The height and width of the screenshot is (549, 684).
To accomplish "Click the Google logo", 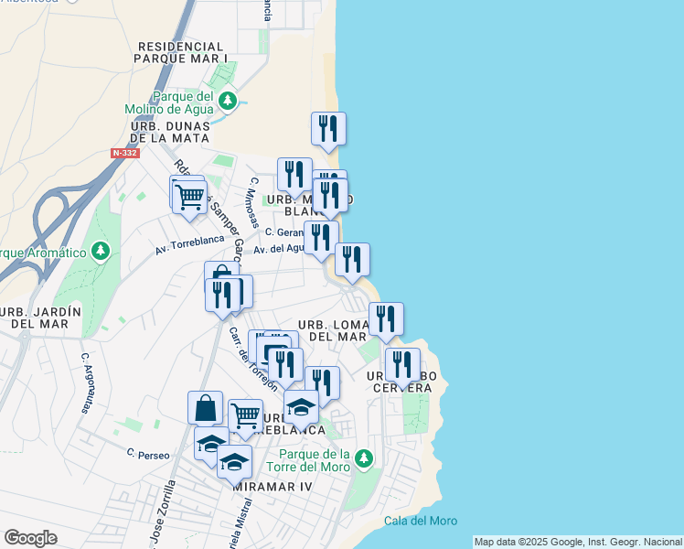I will (30, 538).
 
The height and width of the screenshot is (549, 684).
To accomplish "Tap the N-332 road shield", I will (125, 153).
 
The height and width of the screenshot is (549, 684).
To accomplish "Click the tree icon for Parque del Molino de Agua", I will (228, 101).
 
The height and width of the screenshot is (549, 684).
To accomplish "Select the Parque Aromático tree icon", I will (101, 250).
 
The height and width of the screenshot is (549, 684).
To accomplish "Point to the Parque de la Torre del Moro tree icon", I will (364, 457).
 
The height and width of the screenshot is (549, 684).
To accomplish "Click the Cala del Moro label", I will (421, 522).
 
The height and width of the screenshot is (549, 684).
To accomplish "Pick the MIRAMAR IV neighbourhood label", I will (273, 487).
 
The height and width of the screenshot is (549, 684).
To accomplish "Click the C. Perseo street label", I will (144, 452).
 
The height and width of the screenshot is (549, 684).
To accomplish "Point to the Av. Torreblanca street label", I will (189, 243).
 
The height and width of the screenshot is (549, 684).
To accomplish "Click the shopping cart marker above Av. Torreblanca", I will (189, 197).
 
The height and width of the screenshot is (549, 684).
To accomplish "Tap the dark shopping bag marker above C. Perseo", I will (205, 407).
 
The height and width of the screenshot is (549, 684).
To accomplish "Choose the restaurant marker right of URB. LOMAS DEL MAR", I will (386, 319).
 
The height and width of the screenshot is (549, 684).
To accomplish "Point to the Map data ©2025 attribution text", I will (578, 542).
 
